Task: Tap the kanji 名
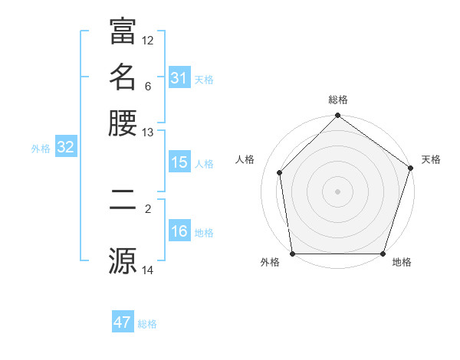(123, 77)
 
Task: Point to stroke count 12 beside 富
(148, 40)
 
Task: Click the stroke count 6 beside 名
(148, 86)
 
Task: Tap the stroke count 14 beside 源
(148, 270)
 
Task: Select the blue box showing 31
(179, 78)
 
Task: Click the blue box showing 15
(179, 162)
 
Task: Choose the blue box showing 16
(179, 232)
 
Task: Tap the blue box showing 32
(65, 148)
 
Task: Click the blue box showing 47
(122, 322)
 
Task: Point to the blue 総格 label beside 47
(147, 324)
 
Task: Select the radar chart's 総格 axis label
(337, 100)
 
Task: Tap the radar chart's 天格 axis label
(431, 159)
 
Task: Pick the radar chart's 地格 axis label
(402, 263)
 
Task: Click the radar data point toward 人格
(280, 172)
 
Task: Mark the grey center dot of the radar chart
(337, 191)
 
